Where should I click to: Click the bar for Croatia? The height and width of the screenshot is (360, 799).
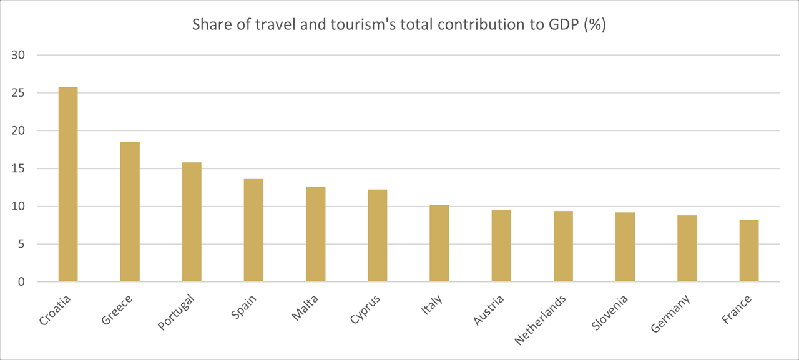pyautogui.click(x=68, y=184)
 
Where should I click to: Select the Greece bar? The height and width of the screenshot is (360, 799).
pyautogui.click(x=130, y=212)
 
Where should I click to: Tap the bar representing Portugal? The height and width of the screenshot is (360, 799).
pyautogui.click(x=192, y=222)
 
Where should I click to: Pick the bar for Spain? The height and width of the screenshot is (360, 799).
pyautogui.click(x=253, y=230)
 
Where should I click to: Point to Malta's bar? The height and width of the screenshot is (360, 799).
pyautogui.click(x=315, y=234)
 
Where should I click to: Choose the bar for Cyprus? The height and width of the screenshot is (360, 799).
pyautogui.click(x=378, y=236)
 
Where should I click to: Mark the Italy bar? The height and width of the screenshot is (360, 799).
pyautogui.click(x=439, y=243)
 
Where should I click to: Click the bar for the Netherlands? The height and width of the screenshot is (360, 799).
pyautogui.click(x=563, y=246)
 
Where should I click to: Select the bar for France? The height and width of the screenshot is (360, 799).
pyautogui.click(x=749, y=251)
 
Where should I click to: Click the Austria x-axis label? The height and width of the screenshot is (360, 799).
pyautogui.click(x=489, y=310)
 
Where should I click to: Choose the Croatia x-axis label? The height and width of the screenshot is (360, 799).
pyautogui.click(x=56, y=310)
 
